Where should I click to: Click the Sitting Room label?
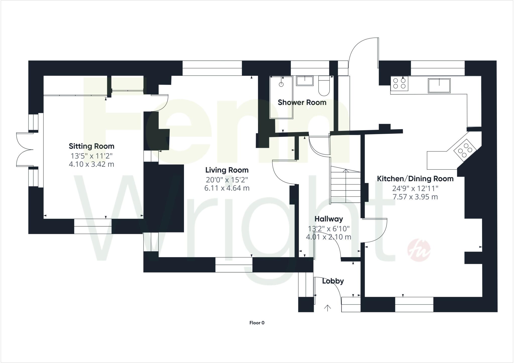pyautogui.click(x=91, y=146)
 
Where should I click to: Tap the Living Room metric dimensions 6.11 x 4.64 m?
pyautogui.click(x=227, y=188)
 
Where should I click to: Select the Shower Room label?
pyautogui.click(x=302, y=102)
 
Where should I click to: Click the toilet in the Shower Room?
pyautogui.click(x=324, y=87)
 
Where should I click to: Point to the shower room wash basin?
pyautogui.click(x=305, y=81)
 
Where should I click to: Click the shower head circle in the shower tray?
pyautogui.click(x=281, y=84)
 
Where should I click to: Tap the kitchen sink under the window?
pyautogui.click(x=439, y=86)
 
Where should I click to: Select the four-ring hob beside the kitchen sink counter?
pyautogui.click(x=399, y=83)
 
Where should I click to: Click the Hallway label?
pyautogui.click(x=329, y=219)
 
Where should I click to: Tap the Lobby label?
pyautogui.click(x=333, y=281)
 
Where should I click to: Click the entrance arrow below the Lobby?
pyautogui.click(x=327, y=308)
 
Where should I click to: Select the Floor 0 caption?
pyautogui.click(x=257, y=323)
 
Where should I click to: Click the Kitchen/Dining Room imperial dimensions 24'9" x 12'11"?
pyautogui.click(x=415, y=188)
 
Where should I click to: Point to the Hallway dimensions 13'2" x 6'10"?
pyautogui.click(x=329, y=229)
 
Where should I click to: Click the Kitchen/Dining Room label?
pyautogui.click(x=415, y=179)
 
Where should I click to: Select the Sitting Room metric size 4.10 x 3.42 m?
pyautogui.click(x=91, y=164)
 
